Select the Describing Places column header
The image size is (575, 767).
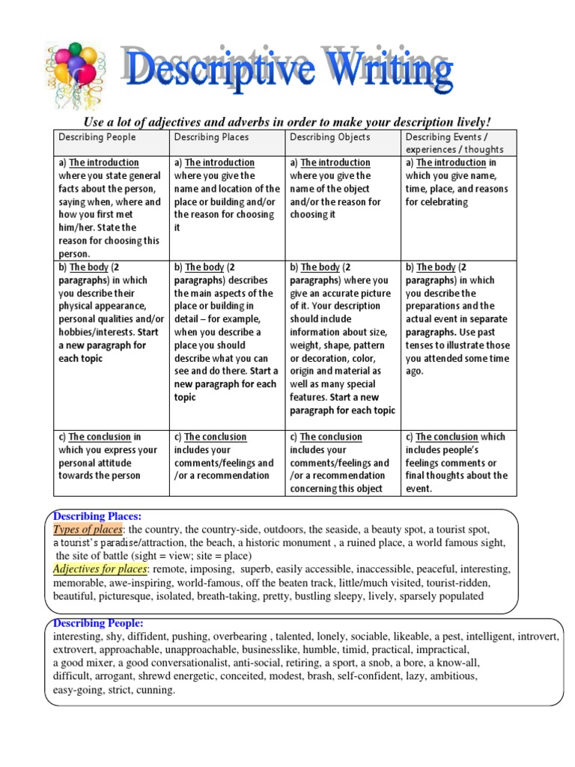pos(212,137)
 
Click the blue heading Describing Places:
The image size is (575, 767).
pos(97,516)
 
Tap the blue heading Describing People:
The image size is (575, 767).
pos(98,623)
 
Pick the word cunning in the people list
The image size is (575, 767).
pos(153,691)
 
